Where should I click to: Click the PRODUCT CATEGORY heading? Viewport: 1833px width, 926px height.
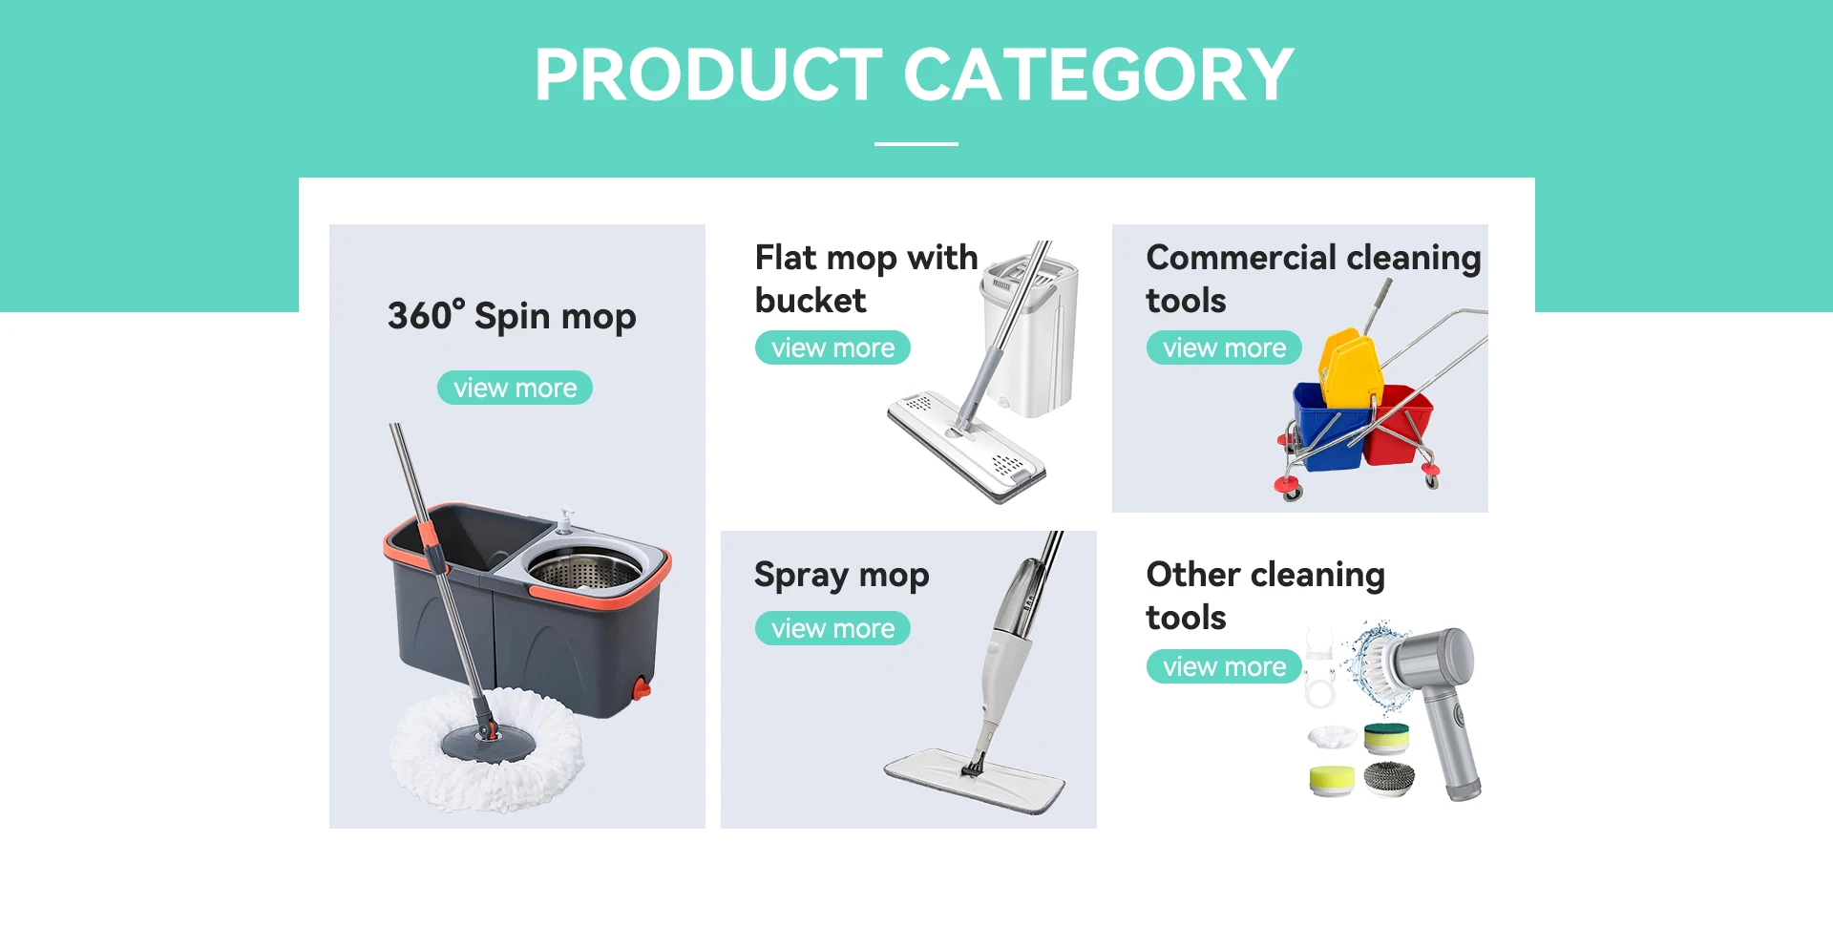pos(914,74)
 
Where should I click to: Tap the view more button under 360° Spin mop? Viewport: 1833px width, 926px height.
pos(515,388)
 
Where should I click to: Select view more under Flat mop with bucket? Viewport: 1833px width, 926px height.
pos(832,347)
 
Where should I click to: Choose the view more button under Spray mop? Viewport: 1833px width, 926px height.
pos(832,628)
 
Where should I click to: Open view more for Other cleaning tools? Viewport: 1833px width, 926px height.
pos(1224,666)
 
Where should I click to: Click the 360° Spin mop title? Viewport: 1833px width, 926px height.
pos(512,316)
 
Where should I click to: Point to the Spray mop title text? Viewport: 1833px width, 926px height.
pos(841,576)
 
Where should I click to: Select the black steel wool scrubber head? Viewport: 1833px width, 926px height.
pos(1389,779)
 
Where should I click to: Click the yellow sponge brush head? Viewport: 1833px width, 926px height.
pos(1332,780)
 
